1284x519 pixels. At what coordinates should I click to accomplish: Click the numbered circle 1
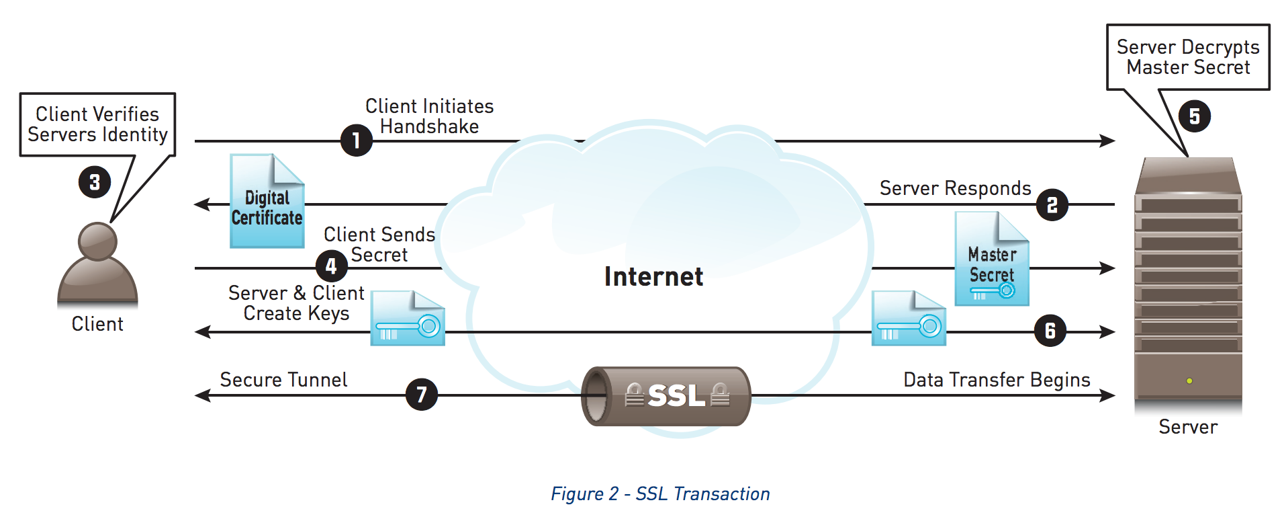click(356, 141)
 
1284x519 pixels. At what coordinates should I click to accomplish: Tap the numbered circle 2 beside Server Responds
click(1052, 205)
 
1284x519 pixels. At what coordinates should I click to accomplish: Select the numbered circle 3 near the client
click(95, 182)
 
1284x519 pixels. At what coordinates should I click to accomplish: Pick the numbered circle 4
click(331, 266)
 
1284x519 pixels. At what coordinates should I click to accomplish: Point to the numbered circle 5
click(1194, 116)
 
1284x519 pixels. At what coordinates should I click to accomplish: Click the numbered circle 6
click(1050, 331)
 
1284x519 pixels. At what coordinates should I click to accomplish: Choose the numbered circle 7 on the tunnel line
click(422, 394)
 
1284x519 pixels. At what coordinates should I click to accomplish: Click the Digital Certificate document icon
click(267, 202)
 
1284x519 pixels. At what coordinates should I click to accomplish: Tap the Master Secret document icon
click(992, 259)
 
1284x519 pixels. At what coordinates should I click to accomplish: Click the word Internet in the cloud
click(653, 276)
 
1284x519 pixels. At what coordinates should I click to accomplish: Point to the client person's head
click(97, 241)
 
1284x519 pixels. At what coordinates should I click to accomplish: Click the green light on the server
click(1189, 381)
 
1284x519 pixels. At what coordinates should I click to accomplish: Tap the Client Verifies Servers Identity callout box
click(97, 124)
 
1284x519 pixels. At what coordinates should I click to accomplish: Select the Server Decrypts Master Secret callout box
click(1188, 57)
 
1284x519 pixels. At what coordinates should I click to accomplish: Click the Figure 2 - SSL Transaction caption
click(660, 494)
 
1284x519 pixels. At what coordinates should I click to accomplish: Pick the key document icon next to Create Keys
click(408, 319)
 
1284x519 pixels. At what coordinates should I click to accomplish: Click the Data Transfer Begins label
click(997, 380)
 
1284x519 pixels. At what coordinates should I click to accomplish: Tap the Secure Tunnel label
click(283, 380)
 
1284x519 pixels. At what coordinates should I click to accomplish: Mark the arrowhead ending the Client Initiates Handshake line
click(1108, 141)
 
